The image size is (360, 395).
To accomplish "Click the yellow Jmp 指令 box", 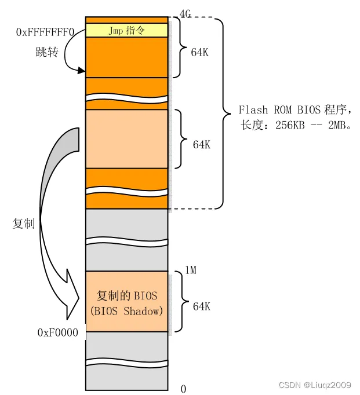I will pyautogui.click(x=127, y=31).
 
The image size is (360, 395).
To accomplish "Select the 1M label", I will pyautogui.click(x=191, y=269).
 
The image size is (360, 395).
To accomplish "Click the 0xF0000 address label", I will pyautogui.click(x=58, y=332).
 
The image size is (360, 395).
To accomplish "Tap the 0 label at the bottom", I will pyautogui.click(x=183, y=389).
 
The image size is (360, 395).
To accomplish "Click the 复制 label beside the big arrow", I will pyautogui.click(x=24, y=223).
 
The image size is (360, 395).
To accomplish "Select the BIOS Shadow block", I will pyautogui.click(x=127, y=301).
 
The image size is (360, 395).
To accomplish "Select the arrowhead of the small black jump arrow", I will pyautogui.click(x=81, y=70).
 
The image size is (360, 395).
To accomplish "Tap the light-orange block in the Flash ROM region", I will pyautogui.click(x=127, y=139).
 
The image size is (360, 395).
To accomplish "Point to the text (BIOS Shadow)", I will pyautogui.click(x=127, y=311).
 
